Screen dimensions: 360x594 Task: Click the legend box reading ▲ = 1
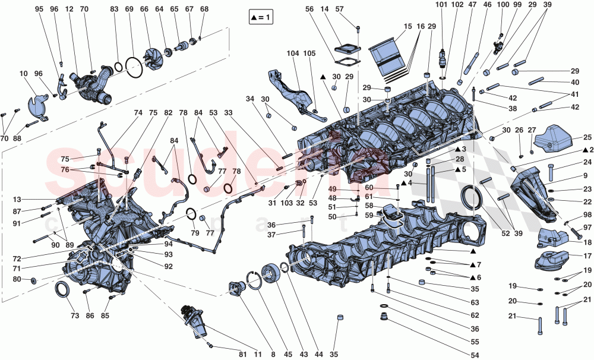[261, 18]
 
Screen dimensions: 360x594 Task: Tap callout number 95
[39, 10]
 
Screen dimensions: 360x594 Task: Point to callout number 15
[407, 27]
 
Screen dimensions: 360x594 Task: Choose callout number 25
[586, 137]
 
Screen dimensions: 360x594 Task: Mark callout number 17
[586, 257]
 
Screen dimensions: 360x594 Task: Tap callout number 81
[242, 355]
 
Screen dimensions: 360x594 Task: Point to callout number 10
[24, 74]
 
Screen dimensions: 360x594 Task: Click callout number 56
[309, 10]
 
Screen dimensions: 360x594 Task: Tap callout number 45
[288, 355]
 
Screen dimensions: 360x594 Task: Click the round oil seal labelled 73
[61, 289]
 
